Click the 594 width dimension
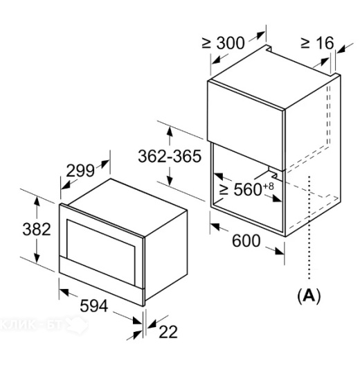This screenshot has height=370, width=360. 94,306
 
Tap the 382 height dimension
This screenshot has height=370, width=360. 37,229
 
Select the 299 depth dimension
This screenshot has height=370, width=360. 80,171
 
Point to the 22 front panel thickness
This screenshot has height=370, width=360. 168,332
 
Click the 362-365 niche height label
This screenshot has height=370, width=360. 170,156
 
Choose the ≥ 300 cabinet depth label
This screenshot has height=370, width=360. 223,43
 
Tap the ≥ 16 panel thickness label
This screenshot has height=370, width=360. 318,43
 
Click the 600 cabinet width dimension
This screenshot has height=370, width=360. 246,240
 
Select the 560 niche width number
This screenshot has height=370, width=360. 248,190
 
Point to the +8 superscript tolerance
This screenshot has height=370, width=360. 269,186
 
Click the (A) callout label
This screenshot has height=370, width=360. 309,295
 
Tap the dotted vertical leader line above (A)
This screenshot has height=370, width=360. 309,228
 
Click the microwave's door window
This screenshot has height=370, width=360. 101,245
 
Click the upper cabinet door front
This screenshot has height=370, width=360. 245,125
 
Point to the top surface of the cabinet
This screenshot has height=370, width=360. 273,77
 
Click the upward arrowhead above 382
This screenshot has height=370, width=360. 37,200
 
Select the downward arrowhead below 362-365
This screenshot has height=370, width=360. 170,182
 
